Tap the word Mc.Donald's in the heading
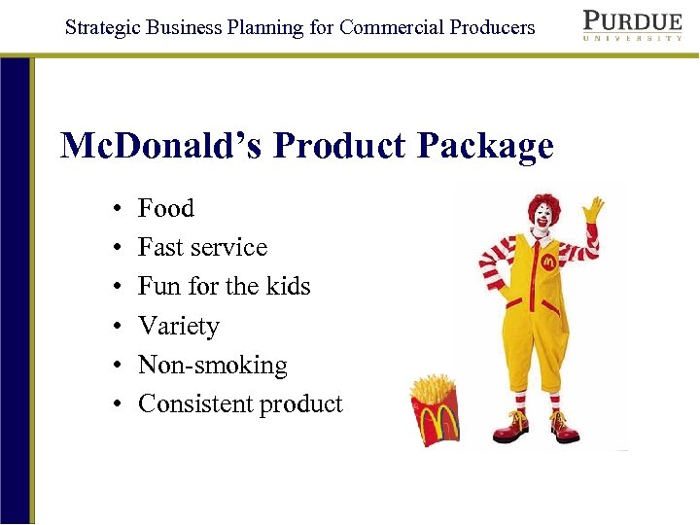(161, 146)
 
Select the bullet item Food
(165, 208)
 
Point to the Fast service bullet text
(202, 247)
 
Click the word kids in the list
(289, 286)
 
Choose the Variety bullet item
(179, 326)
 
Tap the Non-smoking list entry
(213, 365)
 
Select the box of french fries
(435, 408)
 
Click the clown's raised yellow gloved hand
(592, 209)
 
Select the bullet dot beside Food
(116, 209)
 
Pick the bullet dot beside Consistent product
(116, 404)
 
